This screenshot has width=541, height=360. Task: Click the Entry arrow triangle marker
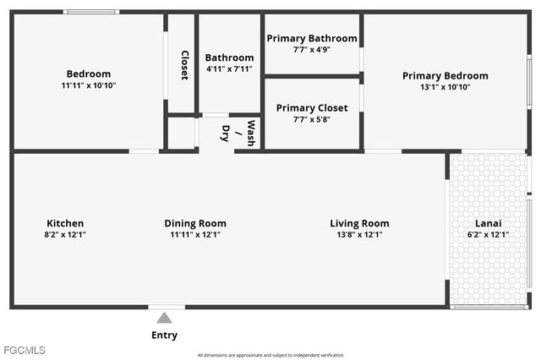point(164,318)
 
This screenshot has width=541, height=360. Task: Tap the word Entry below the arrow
point(164,335)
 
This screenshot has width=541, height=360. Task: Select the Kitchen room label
point(65,223)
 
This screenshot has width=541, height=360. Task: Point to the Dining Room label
point(194,223)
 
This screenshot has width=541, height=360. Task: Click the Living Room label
point(359,223)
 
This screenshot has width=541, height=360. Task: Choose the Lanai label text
point(488,223)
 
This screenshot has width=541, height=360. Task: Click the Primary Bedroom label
point(445,76)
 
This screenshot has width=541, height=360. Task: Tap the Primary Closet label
point(312,108)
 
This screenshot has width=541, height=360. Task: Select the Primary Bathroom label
point(311,39)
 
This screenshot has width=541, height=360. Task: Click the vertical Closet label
point(184,65)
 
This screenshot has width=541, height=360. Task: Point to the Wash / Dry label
point(238,133)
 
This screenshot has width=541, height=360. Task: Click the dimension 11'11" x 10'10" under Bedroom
point(88,86)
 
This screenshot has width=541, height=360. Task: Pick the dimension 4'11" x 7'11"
point(229,68)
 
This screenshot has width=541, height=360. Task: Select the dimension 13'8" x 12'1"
point(359,235)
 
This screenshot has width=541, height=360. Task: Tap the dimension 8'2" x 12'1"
point(65,235)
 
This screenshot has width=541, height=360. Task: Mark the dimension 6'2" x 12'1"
point(488,235)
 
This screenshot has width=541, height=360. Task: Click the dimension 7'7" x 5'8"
point(312,119)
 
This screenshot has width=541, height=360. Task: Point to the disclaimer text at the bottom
point(270,355)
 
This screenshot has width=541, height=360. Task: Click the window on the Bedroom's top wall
point(91,12)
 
